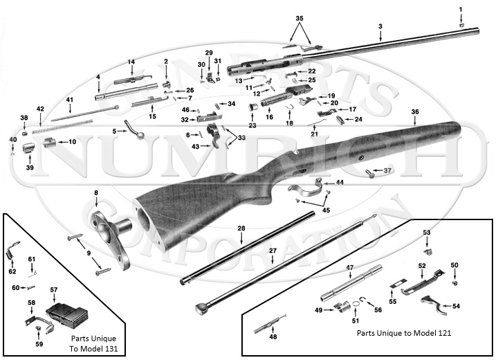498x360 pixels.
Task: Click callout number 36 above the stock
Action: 415,111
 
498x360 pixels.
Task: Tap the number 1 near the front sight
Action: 461,9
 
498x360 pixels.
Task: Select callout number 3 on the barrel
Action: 380,26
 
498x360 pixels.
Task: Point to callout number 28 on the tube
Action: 241,228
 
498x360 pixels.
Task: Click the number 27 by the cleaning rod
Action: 273,249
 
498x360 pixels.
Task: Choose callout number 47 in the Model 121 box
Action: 350,267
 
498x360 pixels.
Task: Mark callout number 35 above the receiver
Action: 299,16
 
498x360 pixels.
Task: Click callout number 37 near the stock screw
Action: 387,170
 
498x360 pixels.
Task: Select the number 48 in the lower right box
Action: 273,337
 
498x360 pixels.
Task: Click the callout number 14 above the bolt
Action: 131,62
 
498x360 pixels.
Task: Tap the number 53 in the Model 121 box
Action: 427,232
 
